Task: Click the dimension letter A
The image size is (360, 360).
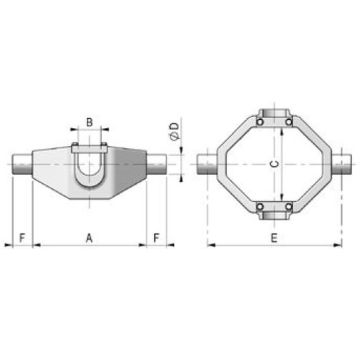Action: (89, 237)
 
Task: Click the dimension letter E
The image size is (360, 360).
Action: (275, 237)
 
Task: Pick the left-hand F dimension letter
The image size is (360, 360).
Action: (21, 237)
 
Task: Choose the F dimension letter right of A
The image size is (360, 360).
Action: (157, 237)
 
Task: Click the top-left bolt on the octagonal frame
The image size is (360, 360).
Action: (258, 121)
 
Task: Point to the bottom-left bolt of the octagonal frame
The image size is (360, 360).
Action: (258, 207)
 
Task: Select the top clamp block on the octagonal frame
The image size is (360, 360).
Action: (275, 115)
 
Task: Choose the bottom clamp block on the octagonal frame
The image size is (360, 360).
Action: (275, 212)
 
